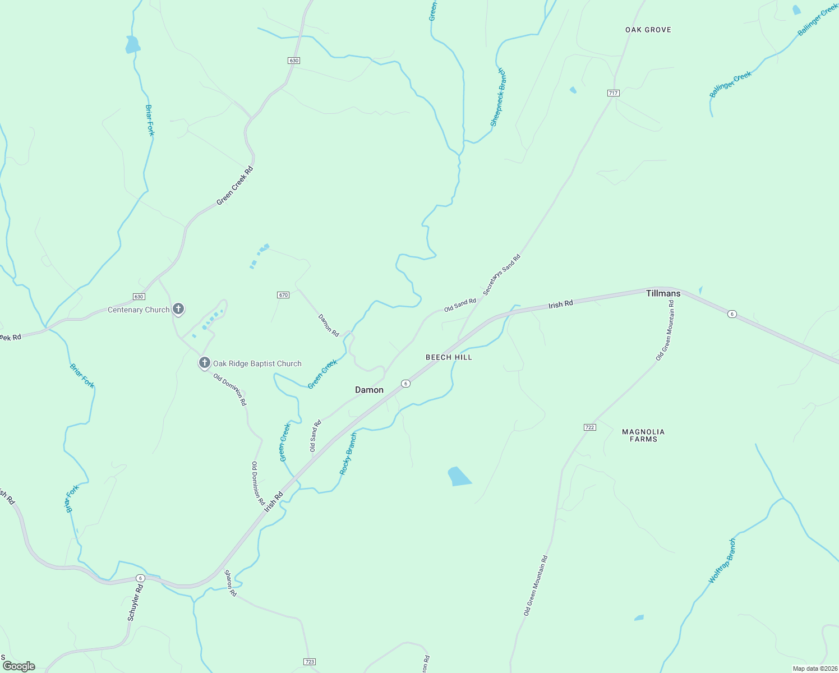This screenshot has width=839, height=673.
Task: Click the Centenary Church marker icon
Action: [x=178, y=308]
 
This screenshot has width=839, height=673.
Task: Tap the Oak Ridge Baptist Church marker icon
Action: [x=205, y=363]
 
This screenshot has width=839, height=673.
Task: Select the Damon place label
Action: [x=369, y=390]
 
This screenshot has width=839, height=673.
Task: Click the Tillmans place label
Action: [x=663, y=293]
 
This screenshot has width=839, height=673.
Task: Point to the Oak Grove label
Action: [x=648, y=30]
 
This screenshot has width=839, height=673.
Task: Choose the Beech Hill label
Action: [x=449, y=357]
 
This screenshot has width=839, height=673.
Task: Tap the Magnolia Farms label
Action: [x=643, y=435]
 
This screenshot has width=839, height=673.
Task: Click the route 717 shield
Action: [x=613, y=93]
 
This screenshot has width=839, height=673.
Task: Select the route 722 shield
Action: [x=589, y=427]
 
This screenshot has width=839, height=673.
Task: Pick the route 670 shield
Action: [x=283, y=295]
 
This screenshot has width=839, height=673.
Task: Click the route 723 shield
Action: [x=310, y=662]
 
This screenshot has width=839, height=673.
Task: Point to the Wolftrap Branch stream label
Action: [x=722, y=561]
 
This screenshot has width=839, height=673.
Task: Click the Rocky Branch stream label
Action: [x=348, y=454]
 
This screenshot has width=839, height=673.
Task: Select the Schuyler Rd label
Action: [x=136, y=602]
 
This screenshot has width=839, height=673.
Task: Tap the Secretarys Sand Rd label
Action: [x=502, y=275]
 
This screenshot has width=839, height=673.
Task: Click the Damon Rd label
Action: [x=329, y=325]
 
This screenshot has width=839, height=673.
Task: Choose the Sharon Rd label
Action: [x=231, y=583]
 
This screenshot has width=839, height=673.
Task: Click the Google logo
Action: [x=19, y=666]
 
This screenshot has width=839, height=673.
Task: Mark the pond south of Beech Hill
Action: [x=459, y=476]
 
